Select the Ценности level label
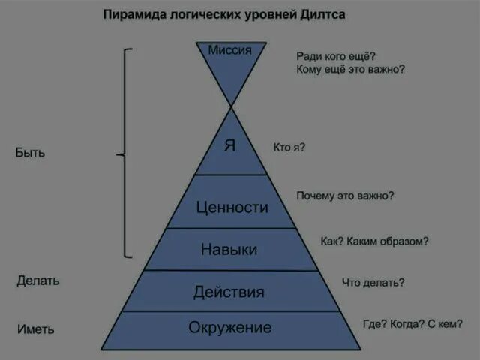(x=231, y=207)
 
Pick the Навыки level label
(x=229, y=249)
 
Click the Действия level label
(x=229, y=292)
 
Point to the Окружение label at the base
(x=229, y=328)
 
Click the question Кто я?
(x=289, y=148)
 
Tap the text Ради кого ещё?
(x=336, y=55)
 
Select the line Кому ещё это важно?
(x=351, y=69)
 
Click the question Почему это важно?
(x=345, y=196)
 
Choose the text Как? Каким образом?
(x=374, y=241)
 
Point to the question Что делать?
(x=373, y=283)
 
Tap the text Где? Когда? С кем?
(x=412, y=324)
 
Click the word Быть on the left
(x=30, y=153)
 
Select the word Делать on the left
(x=38, y=281)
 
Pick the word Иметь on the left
(x=35, y=328)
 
